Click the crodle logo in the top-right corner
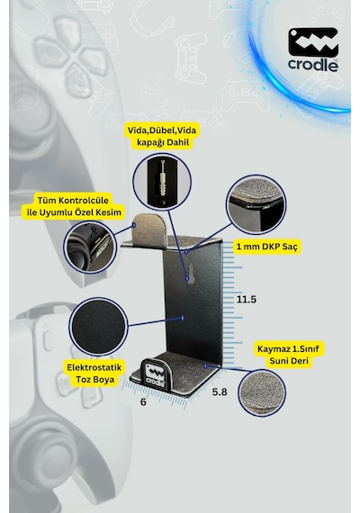(x=313, y=49)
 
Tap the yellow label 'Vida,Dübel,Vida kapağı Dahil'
(x=162, y=137)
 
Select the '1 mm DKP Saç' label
(x=266, y=247)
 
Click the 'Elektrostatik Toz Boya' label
(x=94, y=373)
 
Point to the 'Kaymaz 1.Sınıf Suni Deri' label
(x=288, y=355)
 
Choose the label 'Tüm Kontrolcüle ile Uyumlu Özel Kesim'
(x=71, y=206)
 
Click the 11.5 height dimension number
(x=247, y=300)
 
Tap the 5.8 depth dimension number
(x=220, y=391)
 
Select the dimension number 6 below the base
(x=143, y=402)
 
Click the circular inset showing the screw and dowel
(x=162, y=182)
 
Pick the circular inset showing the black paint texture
(x=98, y=328)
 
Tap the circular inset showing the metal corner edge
(x=256, y=204)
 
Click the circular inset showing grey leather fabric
(x=262, y=392)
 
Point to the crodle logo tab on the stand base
(x=154, y=373)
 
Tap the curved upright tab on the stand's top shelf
(x=150, y=227)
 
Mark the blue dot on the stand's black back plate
(x=183, y=318)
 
